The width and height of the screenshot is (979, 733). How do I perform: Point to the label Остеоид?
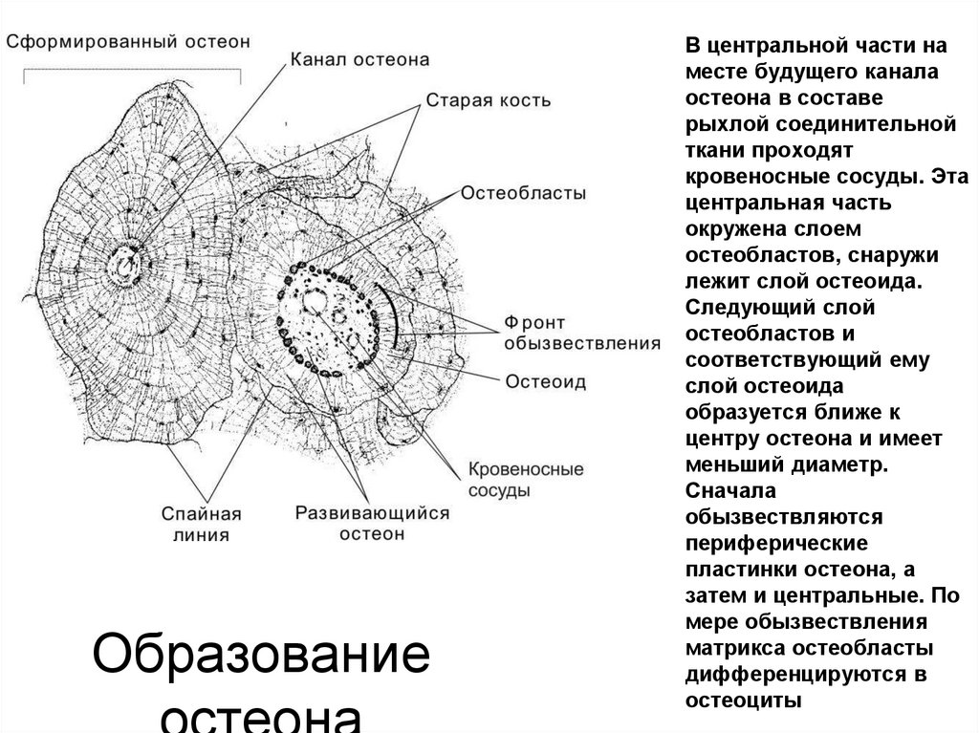pos(545,380)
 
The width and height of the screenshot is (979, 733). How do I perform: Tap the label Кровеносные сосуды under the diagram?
pos(526,480)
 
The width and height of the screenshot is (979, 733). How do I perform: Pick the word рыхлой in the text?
pos(723,124)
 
